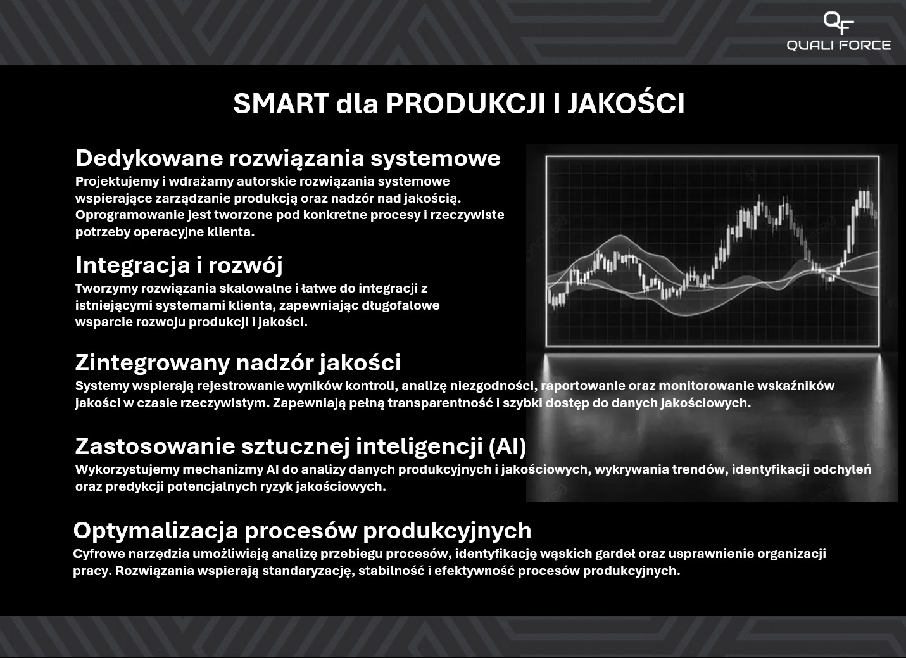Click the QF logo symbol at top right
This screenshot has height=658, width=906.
tap(838, 23)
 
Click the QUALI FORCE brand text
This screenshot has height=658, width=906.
tap(838, 46)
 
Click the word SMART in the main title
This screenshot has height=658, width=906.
tap(280, 104)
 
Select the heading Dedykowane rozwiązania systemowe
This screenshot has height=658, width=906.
tap(287, 158)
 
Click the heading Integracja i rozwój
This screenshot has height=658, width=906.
tap(179, 265)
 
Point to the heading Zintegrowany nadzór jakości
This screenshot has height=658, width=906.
tap(237, 362)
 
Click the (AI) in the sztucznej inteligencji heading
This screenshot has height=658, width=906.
tap(507, 446)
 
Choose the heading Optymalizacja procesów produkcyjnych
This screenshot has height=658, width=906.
tap(302, 530)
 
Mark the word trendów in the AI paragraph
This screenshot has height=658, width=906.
tap(700, 470)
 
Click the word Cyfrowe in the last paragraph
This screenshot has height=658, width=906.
tap(98, 554)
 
